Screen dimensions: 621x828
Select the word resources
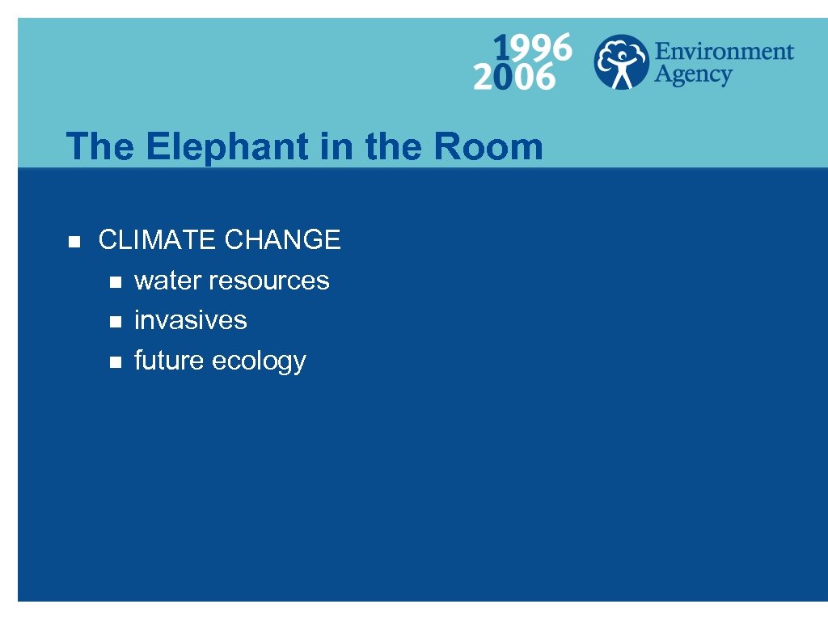[269, 281]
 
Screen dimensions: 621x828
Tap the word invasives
[191, 320]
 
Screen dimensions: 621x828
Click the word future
[169, 361]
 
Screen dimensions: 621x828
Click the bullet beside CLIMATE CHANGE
[74, 241]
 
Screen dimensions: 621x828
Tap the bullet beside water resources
[115, 281]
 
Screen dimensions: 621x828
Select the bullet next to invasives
[115, 322]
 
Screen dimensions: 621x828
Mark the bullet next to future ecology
[115, 362]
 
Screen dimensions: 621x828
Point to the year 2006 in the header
[515, 78]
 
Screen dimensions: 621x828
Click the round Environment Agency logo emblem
[621, 61]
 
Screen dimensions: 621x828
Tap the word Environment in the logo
[724, 52]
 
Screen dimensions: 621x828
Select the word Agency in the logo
[692, 76]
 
